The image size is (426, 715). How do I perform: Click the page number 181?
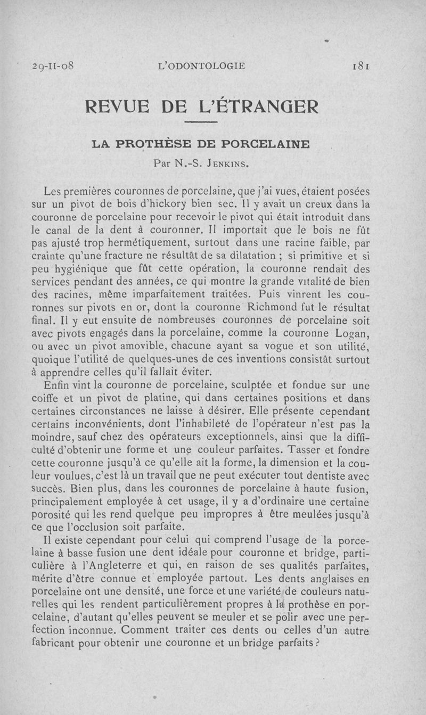[x=362, y=67]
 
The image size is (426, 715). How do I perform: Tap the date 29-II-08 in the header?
[x=52, y=67]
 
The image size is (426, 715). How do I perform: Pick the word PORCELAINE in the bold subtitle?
[x=266, y=144]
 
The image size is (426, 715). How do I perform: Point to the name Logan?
[x=351, y=334]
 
